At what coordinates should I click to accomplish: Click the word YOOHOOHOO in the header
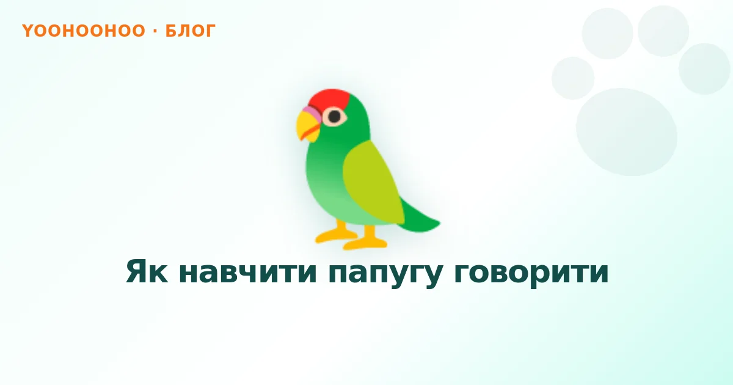pyautogui.click(x=84, y=31)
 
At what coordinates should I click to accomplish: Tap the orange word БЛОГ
pyautogui.click(x=191, y=31)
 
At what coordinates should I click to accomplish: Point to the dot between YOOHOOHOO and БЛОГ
pyautogui.click(x=155, y=31)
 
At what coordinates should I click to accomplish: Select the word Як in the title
pyautogui.click(x=147, y=271)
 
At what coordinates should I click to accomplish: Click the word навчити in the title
pyautogui.click(x=248, y=271)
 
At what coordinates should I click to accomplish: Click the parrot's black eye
pyautogui.click(x=335, y=116)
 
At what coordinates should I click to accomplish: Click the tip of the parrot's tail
pyautogui.click(x=440, y=223)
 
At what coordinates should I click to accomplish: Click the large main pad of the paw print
pyautogui.click(x=626, y=132)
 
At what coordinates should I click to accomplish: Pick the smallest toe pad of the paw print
pyautogui.click(x=573, y=78)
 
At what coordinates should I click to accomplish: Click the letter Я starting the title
pyautogui.click(x=136, y=271)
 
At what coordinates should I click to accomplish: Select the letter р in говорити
pyautogui.click(x=534, y=276)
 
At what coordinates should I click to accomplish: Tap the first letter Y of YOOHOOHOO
pyautogui.click(x=27, y=31)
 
